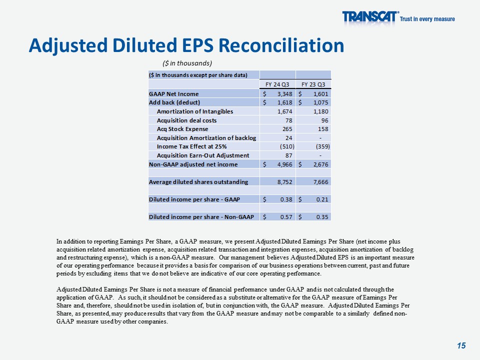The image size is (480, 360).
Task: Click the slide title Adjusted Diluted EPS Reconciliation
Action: click(x=186, y=45)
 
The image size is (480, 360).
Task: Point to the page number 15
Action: click(x=461, y=345)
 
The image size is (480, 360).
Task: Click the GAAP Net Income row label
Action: click(x=173, y=93)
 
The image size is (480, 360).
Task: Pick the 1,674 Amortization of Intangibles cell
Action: click(x=284, y=111)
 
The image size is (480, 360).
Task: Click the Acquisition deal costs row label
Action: click(x=186, y=120)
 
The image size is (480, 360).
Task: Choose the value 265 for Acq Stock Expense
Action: click(x=287, y=129)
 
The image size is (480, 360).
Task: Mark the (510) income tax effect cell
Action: click(x=285, y=146)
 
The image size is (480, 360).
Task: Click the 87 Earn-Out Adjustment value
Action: click(x=289, y=155)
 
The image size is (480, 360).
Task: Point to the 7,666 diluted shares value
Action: click(x=319, y=182)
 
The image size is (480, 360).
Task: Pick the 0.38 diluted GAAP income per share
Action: click(x=285, y=199)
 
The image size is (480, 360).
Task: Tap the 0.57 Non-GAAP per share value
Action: click(x=285, y=217)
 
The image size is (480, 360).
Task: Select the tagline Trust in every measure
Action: click(x=427, y=19)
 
